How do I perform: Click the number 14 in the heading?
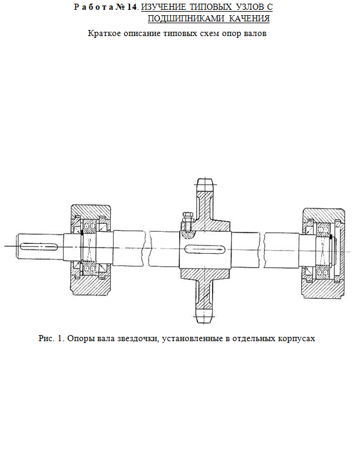pyautogui.click(x=132, y=7)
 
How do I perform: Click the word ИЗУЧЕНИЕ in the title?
pyautogui.click(x=163, y=7)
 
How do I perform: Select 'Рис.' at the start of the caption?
pyautogui.click(x=46, y=339)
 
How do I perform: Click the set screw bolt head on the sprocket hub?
pyautogui.click(x=187, y=215)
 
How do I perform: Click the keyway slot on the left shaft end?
pyautogui.click(x=39, y=246)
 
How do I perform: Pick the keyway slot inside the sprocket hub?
pyautogui.click(x=205, y=249)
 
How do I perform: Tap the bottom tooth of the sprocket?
pyautogui.click(x=205, y=315)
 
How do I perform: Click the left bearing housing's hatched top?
pyautogui.click(x=90, y=210)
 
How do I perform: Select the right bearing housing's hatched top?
pyautogui.click(x=323, y=213)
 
